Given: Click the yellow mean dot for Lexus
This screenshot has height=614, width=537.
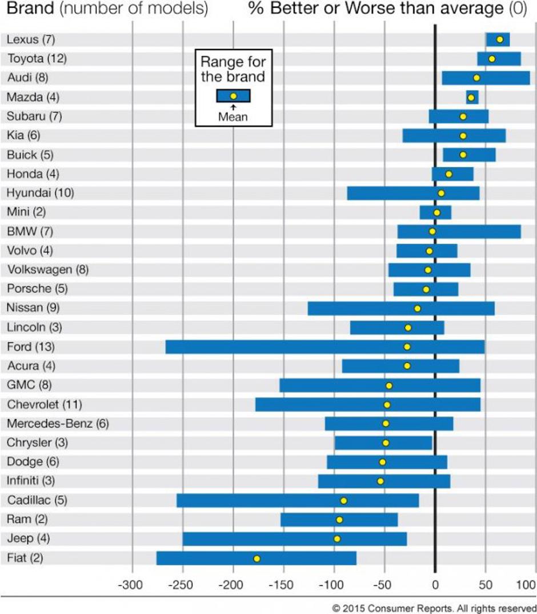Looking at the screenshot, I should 500,39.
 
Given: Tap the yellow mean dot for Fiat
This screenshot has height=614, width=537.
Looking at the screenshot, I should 257,559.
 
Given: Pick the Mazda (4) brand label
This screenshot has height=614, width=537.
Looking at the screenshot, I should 33,97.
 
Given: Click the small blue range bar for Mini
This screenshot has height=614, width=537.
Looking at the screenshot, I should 435,213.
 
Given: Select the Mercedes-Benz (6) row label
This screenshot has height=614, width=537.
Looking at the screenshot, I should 58,424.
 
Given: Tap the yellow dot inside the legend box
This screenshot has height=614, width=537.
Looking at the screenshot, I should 233,97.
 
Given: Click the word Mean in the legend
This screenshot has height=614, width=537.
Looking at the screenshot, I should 233,117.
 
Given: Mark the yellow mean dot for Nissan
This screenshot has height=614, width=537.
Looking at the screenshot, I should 417,309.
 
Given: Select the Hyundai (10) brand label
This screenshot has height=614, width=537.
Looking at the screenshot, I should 41,193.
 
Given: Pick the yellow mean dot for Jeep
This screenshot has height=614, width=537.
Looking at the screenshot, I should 337,539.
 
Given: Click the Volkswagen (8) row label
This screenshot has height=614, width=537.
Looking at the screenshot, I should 48,269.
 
